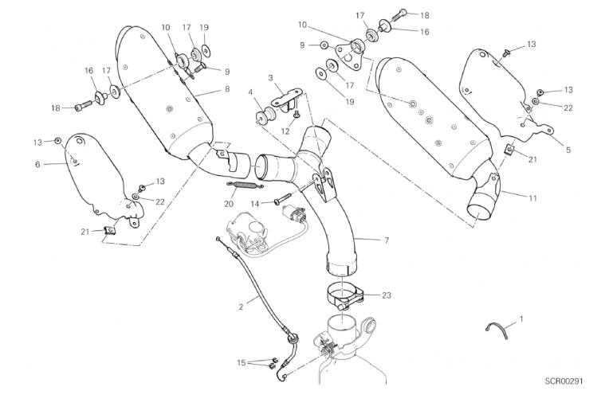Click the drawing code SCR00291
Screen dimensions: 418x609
pos(565,381)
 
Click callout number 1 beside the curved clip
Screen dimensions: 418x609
pos(521,318)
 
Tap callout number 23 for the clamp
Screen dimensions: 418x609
pos(387,295)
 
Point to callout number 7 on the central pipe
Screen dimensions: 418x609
pos(387,240)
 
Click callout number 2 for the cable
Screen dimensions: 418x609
pos(240,304)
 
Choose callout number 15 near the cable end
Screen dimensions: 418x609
pos(242,363)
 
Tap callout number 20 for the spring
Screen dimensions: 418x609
pos(230,203)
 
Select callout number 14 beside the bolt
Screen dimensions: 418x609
pos(256,204)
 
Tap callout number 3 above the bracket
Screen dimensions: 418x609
pos(271,78)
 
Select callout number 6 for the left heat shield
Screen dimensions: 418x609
pos(37,164)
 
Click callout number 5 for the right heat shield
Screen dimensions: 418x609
pos(568,148)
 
